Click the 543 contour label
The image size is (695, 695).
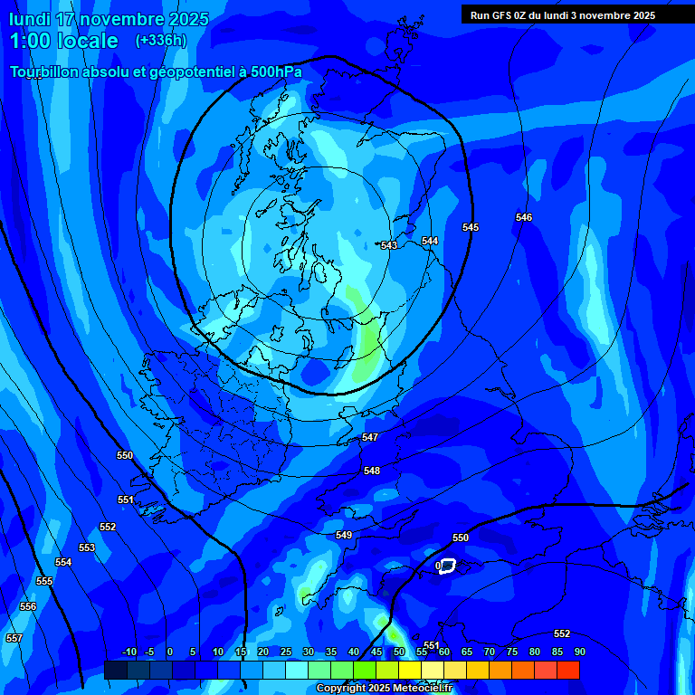pos(389,246)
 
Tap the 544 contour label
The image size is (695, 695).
pos(430,241)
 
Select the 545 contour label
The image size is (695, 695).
pos(471,227)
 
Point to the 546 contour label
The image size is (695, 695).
pos(524,217)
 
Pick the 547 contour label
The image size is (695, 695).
pos(370,437)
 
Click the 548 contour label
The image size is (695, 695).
pos(372,471)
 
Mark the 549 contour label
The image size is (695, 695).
pos(344,535)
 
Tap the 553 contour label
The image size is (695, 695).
pos(87,547)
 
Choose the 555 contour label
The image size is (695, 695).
pos(44,581)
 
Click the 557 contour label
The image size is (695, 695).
pos(14,638)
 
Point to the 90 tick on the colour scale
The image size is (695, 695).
pos(579,652)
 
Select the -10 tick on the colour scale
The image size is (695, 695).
pos(129,652)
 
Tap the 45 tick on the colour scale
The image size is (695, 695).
pos(376,652)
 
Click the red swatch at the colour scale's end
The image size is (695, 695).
pos(568,670)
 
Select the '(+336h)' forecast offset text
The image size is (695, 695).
pos(161,40)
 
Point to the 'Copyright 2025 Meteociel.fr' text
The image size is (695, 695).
pos(384,689)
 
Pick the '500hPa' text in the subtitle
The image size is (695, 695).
pos(271,71)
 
